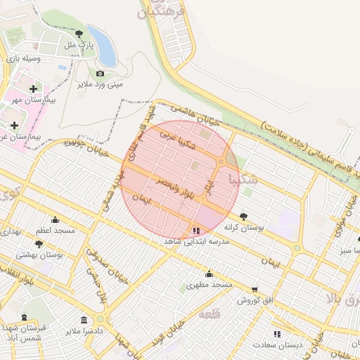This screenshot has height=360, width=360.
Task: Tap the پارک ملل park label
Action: (79, 45)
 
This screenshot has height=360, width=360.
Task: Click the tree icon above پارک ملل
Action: (79, 33)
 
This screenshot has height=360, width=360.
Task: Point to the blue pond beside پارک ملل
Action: (103, 46)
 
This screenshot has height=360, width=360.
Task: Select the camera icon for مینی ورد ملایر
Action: (100, 73)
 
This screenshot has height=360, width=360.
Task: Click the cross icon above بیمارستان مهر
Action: (33, 89)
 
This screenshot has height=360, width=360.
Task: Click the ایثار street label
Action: (208, 184)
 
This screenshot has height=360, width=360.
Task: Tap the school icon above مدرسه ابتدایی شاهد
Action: (195, 230)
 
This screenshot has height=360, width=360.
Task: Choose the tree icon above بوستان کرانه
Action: (243, 217)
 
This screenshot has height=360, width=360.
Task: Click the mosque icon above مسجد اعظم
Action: (56, 219)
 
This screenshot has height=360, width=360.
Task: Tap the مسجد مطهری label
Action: (209, 285)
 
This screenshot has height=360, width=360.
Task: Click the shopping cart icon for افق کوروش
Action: (254, 289)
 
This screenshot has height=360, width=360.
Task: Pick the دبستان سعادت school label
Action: (279, 345)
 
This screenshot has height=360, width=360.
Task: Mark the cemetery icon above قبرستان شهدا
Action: (24, 317)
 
